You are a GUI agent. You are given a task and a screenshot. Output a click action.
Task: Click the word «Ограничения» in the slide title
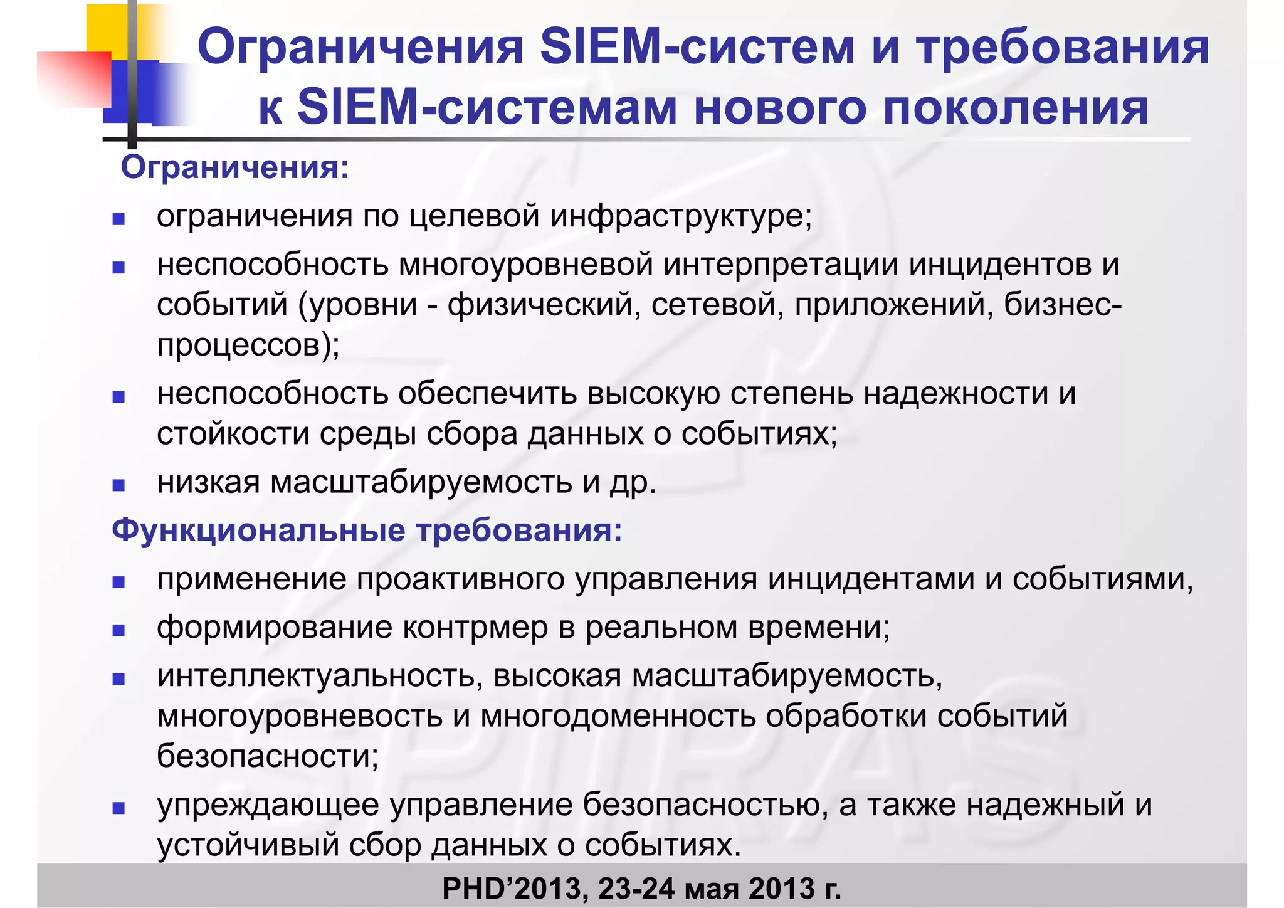click(360, 48)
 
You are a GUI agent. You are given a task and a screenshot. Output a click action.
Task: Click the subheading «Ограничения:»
click(235, 167)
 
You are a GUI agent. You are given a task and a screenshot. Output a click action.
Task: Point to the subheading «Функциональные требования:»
click(367, 530)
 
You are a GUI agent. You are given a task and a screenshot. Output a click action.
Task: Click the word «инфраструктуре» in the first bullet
click(681, 216)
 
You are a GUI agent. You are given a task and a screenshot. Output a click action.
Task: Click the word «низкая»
click(208, 482)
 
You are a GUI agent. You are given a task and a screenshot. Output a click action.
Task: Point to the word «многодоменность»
click(618, 716)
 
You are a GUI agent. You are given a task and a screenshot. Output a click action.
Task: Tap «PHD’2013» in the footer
click(513, 888)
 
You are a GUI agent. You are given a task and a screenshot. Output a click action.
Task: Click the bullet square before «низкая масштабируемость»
click(118, 485)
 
